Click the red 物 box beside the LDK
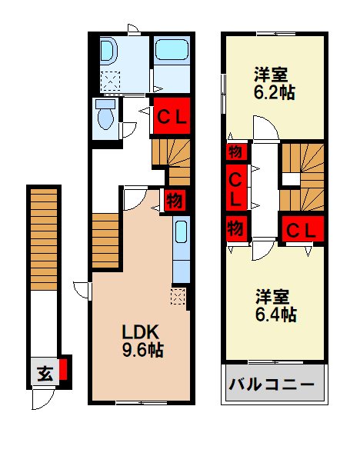[x=175, y=202]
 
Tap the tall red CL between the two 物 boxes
[x=235, y=187]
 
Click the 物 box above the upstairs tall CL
[x=235, y=151]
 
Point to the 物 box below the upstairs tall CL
[x=235, y=228]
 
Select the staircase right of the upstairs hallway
[x=302, y=177]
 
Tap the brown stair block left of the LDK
[x=105, y=241]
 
